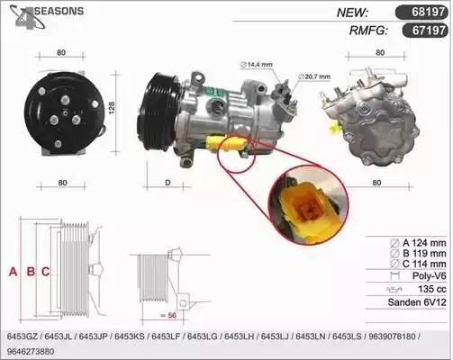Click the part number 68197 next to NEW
click(x=428, y=12)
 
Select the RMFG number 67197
click(x=429, y=30)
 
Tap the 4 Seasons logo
click(x=46, y=16)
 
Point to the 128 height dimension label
click(x=112, y=108)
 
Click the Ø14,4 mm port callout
click(x=257, y=64)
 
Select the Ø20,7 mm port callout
click(x=314, y=76)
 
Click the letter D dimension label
click(x=168, y=183)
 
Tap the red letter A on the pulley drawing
click(x=13, y=272)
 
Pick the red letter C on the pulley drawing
click(x=45, y=272)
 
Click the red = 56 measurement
click(x=168, y=315)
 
